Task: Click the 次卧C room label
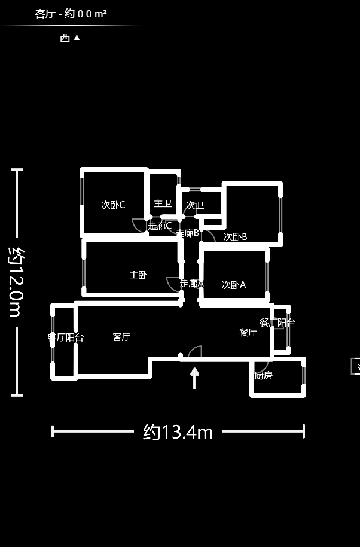113,205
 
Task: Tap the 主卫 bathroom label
163,203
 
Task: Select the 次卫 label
195,205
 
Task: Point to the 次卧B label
235,236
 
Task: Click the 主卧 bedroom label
138,275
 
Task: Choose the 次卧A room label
234,285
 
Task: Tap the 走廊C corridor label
160,226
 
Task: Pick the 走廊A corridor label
191,284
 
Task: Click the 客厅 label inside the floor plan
121,337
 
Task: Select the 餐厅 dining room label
248,332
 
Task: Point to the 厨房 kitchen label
263,376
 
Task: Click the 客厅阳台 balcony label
66,338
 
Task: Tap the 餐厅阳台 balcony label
277,323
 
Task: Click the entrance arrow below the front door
194,378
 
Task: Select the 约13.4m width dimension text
178,431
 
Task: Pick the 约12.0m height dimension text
17,281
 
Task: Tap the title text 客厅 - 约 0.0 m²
71,13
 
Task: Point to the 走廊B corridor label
188,233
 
